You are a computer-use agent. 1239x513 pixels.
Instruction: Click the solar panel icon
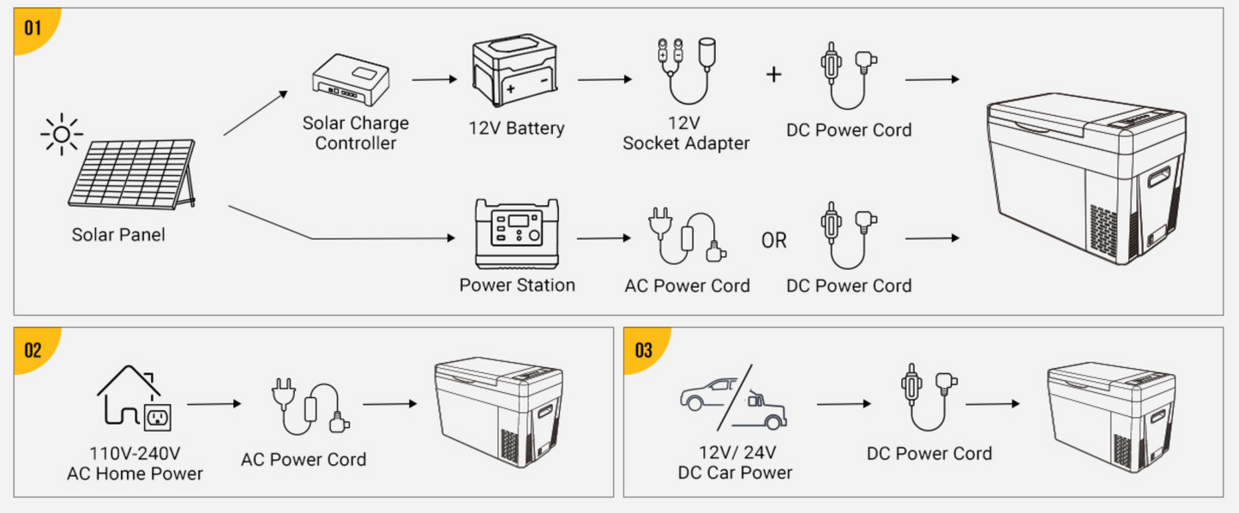click(x=132, y=176)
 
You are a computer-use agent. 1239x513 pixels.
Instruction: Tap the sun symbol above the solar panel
click(x=62, y=135)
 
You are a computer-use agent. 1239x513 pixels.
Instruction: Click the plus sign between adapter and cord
click(x=773, y=75)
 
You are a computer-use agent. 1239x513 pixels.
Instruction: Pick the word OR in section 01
click(x=773, y=241)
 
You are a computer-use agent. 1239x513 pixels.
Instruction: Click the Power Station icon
click(x=517, y=233)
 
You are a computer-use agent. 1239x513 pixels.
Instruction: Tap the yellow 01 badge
click(x=32, y=27)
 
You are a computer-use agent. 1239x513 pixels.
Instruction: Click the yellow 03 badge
click(x=642, y=349)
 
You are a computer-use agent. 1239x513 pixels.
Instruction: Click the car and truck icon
click(x=733, y=398)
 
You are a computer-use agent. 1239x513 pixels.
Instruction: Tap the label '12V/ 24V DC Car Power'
click(x=735, y=462)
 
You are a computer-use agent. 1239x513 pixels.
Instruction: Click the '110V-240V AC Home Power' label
click(x=135, y=463)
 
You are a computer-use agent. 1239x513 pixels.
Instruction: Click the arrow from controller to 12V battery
click(x=435, y=80)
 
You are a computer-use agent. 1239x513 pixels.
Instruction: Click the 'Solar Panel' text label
click(x=118, y=234)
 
